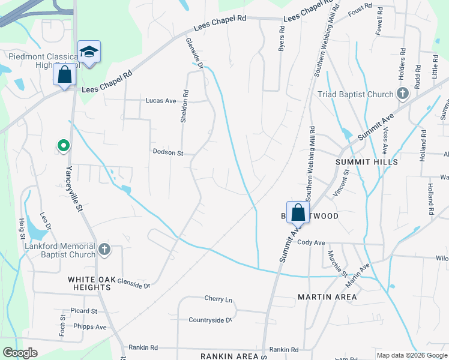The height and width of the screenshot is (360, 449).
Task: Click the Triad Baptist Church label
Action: (356, 94)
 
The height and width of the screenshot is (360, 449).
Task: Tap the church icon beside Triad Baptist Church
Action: (403, 94)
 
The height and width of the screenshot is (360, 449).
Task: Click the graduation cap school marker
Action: (89, 52)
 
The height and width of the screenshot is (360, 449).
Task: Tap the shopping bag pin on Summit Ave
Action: (298, 213)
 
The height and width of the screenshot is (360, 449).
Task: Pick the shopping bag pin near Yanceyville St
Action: (65, 76)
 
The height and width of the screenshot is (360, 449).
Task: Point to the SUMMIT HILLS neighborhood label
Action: (367, 163)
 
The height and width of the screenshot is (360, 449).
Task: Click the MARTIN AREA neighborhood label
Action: (327, 297)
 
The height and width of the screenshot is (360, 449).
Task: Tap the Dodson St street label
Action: (168, 153)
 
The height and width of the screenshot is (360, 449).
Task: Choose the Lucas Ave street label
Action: (160, 101)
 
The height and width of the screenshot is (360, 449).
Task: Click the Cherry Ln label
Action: (218, 299)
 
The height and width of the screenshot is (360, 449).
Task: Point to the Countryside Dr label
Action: (210, 320)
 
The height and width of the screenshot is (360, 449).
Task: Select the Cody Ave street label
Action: (311, 242)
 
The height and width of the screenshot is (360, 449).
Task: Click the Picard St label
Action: (83, 311)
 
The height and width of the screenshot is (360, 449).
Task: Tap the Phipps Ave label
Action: (89, 327)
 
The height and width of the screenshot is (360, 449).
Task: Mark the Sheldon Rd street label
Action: (185, 107)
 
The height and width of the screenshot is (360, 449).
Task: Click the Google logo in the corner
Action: (20, 353)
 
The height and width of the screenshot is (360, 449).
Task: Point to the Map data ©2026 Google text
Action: (412, 355)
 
